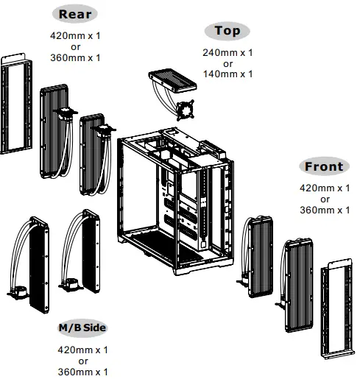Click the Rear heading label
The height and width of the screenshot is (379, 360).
coord(76,14)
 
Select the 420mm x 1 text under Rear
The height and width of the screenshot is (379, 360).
coord(76,35)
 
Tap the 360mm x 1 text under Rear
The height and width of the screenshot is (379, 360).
coord(76,57)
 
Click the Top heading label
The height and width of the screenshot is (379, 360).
coord(227,31)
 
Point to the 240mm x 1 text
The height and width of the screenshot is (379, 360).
coord(227,52)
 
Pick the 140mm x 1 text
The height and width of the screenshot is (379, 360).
coord(227,74)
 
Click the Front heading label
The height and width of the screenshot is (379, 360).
coord(324,166)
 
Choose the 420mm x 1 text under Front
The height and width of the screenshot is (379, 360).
coord(324,188)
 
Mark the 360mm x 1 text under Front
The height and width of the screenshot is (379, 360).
coord(324,210)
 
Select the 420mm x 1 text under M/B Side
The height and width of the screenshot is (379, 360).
coord(83,350)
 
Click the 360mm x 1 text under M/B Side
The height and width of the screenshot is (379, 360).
coord(83,372)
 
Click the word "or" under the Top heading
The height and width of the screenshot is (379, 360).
coord(227,63)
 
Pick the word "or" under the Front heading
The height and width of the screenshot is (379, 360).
coord(324,199)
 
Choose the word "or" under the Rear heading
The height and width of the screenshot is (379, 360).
coord(76,46)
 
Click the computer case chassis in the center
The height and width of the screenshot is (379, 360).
coord(177,195)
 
